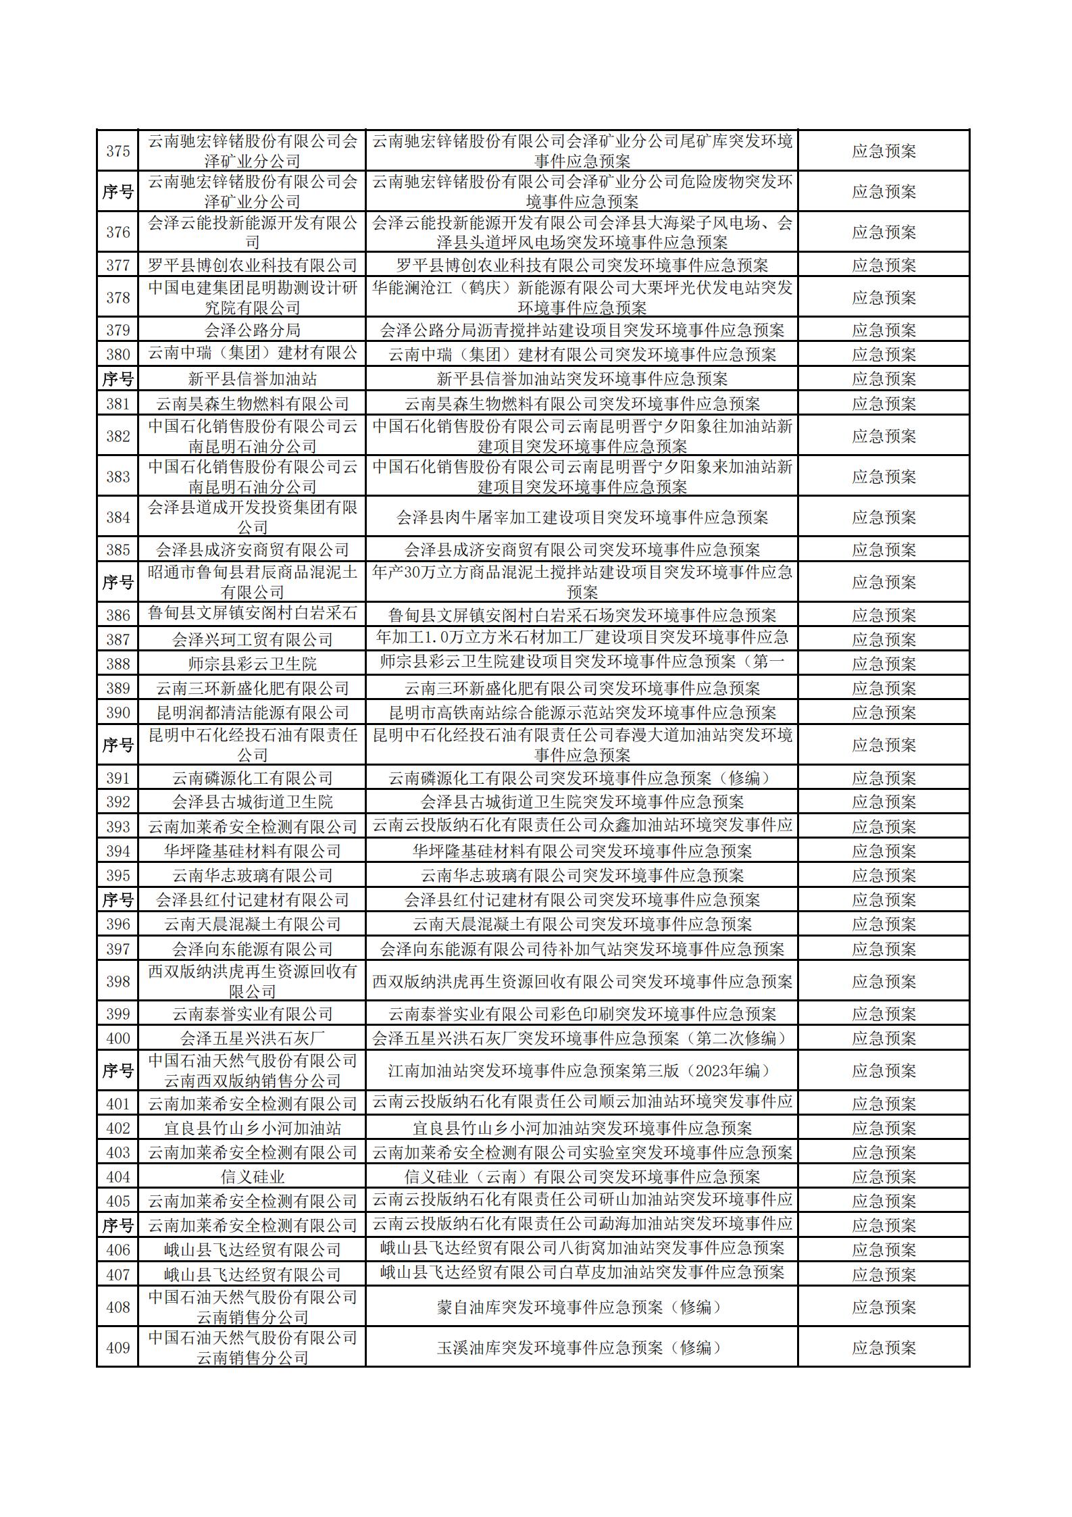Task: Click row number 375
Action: [118, 151]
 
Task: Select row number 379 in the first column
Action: [118, 330]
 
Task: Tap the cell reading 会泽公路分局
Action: [252, 330]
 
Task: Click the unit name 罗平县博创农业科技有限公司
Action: [252, 265]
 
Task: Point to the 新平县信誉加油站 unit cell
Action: [252, 379]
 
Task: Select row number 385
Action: [118, 549]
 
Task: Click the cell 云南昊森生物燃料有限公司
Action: [252, 404]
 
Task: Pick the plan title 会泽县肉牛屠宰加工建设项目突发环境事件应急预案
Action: [582, 518]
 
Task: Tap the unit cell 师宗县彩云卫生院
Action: [252, 664]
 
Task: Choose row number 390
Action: [118, 713]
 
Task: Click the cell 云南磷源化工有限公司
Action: [252, 778]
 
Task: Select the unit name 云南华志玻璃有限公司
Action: [252, 876]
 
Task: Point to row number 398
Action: [118, 981]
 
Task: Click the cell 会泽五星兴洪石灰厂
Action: [252, 1038]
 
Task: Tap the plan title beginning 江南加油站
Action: [582, 1071]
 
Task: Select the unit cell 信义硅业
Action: [252, 1176]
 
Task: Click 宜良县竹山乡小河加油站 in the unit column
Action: [252, 1128]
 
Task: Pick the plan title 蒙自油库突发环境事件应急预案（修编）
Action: [582, 1307]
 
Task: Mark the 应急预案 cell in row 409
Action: [884, 1347]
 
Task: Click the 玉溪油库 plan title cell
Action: [582, 1347]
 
